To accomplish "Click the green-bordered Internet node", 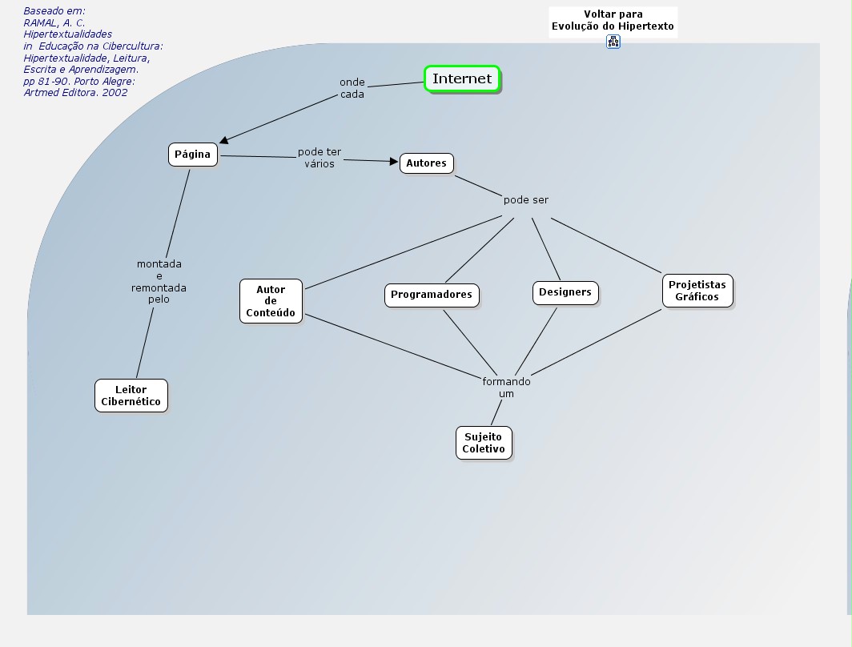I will click(462, 78).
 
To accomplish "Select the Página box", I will click(192, 155).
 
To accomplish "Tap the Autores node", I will click(426, 163).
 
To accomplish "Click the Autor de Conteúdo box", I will click(271, 301).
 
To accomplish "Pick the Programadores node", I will click(432, 295).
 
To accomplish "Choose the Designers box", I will click(565, 292).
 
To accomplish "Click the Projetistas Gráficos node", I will click(697, 291).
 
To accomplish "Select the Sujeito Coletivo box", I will click(483, 443).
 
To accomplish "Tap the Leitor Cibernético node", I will click(131, 396).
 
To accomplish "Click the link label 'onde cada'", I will click(352, 88).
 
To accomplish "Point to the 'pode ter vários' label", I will click(319, 158).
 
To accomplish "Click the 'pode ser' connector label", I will click(526, 200).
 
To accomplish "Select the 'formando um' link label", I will click(506, 388).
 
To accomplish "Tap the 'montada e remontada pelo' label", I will click(159, 281).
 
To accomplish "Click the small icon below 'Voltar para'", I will click(613, 42).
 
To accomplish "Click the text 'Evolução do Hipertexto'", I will click(613, 26).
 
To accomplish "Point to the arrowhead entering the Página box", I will click(224, 141).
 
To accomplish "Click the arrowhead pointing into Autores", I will click(394, 162).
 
